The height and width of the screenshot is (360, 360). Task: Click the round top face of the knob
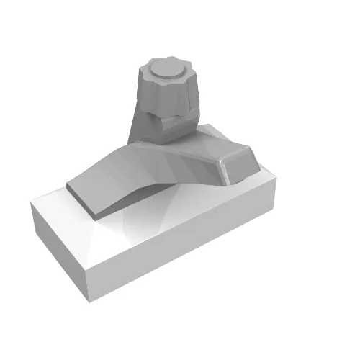[x=166, y=70]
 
